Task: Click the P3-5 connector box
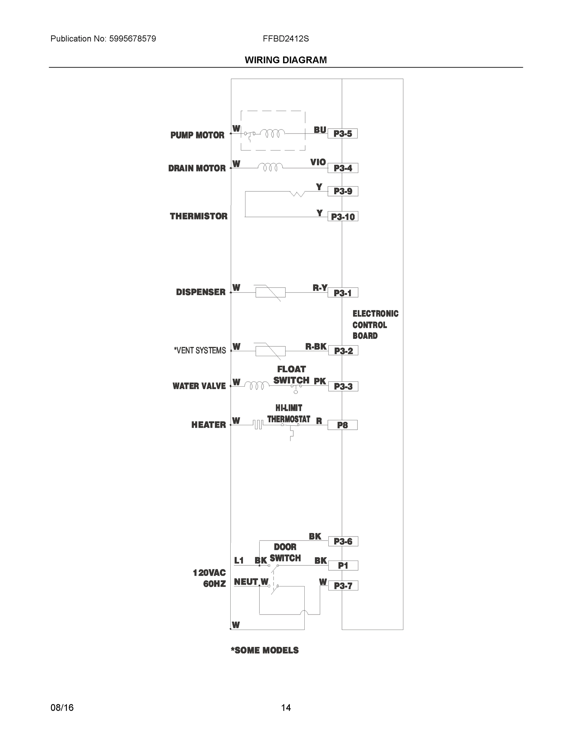pyautogui.click(x=342, y=134)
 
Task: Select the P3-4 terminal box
pyautogui.click(x=343, y=168)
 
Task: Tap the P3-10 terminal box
pyautogui.click(x=343, y=216)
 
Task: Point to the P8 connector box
pyautogui.click(x=342, y=425)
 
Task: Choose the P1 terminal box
pyautogui.click(x=343, y=565)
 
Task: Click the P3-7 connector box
pyautogui.click(x=343, y=586)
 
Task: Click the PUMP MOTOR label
pyautogui.click(x=197, y=135)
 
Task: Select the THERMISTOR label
pyautogui.click(x=199, y=216)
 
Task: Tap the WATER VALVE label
pyautogui.click(x=199, y=386)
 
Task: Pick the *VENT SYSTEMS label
pyautogui.click(x=200, y=350)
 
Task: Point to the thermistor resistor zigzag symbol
pyautogui.click(x=297, y=194)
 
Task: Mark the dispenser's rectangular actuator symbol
pyautogui.click(x=270, y=292)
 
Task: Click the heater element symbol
pyautogui.click(x=258, y=425)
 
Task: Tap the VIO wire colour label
pyautogui.click(x=318, y=162)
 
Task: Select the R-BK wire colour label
pyautogui.click(x=316, y=346)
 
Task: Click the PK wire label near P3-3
pyautogui.click(x=319, y=381)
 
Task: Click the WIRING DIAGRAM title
pyautogui.click(x=286, y=60)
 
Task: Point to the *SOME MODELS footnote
pyautogui.click(x=265, y=650)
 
